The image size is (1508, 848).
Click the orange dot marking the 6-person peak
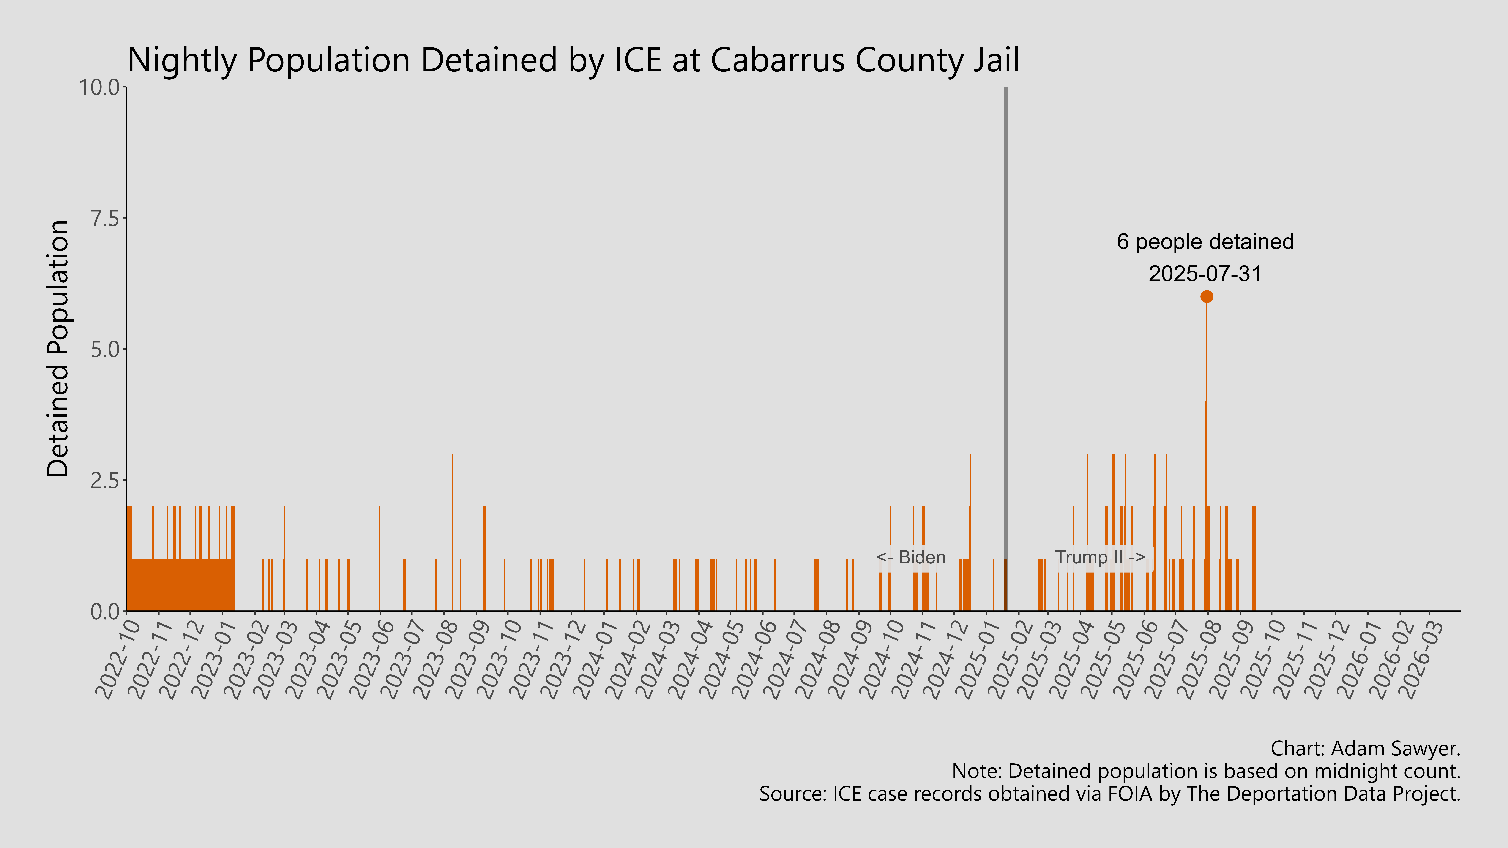click(x=1207, y=297)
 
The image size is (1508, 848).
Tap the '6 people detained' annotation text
click(x=1205, y=242)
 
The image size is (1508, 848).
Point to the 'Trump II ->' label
click(x=1099, y=557)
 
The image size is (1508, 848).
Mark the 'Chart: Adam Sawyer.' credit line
click(x=1365, y=748)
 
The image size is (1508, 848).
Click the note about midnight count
click(x=1206, y=771)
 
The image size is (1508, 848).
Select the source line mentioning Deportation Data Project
click(x=1109, y=794)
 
